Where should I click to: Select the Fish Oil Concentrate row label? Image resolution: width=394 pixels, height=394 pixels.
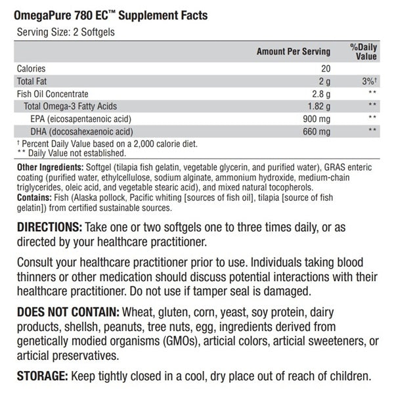(52, 94)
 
